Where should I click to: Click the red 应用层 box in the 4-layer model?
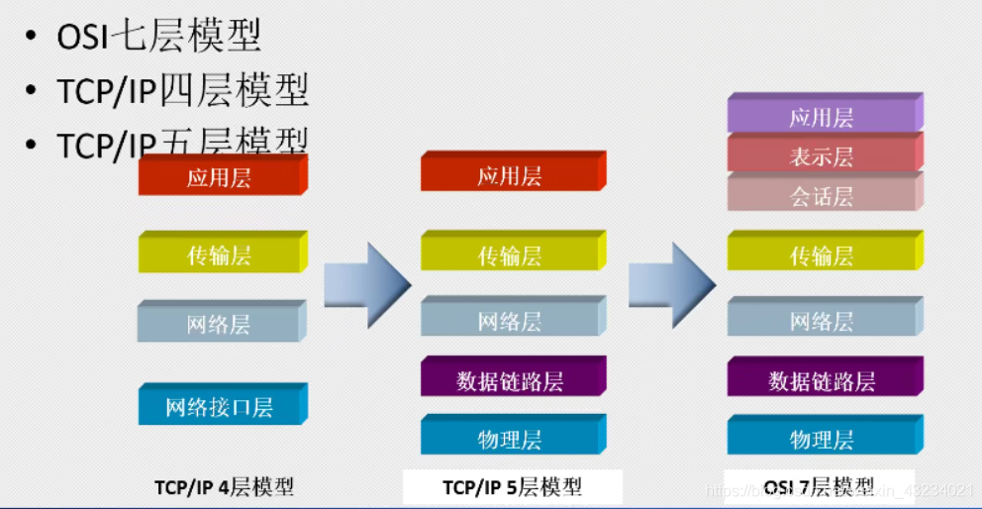(x=220, y=178)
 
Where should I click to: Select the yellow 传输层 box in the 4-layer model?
(x=220, y=255)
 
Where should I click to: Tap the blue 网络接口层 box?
(x=220, y=406)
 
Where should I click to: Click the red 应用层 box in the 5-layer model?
(x=510, y=176)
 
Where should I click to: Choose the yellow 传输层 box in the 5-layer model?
(x=510, y=255)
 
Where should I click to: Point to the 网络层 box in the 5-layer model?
(x=510, y=321)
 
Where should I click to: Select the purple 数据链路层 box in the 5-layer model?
(x=510, y=380)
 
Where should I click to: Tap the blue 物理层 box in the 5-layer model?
(x=510, y=439)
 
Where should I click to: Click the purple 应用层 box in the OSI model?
(x=822, y=118)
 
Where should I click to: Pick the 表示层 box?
(x=822, y=156)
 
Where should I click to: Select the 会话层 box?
(x=822, y=196)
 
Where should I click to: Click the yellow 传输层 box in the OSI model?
(x=822, y=255)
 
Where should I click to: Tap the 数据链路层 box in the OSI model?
(x=822, y=380)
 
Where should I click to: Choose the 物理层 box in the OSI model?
(x=822, y=439)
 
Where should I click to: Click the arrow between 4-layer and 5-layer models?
(x=367, y=285)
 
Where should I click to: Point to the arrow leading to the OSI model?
(x=672, y=285)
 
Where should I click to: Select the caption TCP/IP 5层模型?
(x=512, y=487)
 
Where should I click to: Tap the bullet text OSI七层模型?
(x=158, y=38)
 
